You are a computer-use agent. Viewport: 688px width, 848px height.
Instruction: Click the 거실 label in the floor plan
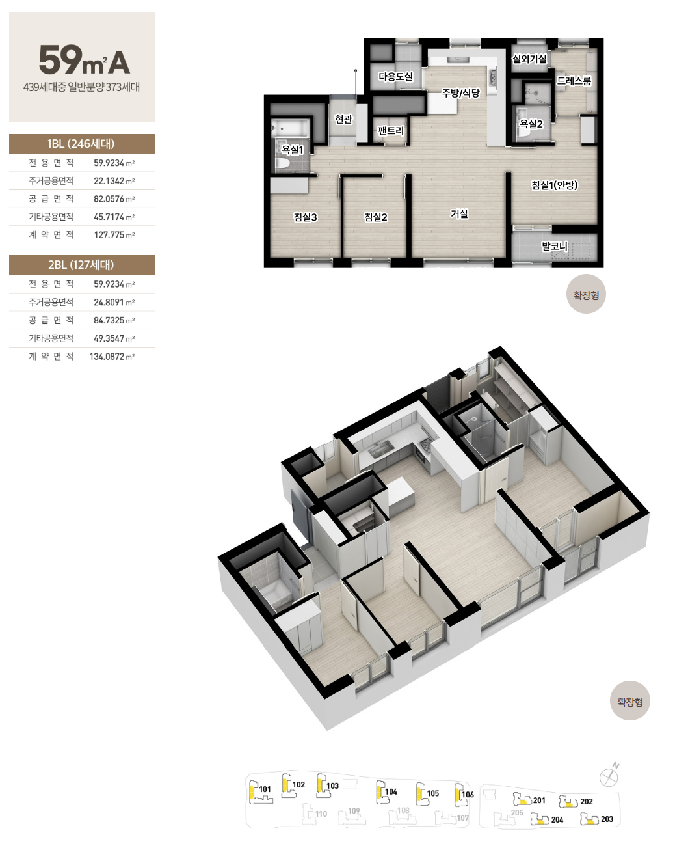(x=458, y=214)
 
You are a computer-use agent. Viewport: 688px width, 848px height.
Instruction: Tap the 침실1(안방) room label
(x=554, y=185)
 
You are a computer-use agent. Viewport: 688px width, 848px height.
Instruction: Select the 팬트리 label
(x=390, y=131)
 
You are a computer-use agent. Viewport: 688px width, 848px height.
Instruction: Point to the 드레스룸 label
(x=574, y=81)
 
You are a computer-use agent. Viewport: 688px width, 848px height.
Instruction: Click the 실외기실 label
(x=529, y=59)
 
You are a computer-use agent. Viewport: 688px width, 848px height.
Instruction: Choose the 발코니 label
(x=554, y=246)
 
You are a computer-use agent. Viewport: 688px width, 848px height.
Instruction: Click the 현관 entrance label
(x=343, y=119)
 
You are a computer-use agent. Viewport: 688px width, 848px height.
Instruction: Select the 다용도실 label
(x=395, y=76)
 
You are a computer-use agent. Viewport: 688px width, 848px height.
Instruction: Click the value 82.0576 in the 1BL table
(x=109, y=198)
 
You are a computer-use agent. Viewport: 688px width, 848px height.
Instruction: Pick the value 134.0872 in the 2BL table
(x=107, y=357)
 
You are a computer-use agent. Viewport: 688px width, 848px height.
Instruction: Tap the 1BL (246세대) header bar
(x=82, y=144)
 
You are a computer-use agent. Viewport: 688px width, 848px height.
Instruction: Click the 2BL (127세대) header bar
(x=82, y=265)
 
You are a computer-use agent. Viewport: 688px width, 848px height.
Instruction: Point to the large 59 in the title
(x=60, y=60)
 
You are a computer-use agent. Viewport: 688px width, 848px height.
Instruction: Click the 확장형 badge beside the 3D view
(x=629, y=701)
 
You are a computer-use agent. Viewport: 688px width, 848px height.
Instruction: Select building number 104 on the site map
(x=391, y=792)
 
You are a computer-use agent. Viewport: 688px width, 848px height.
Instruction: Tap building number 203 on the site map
(x=607, y=819)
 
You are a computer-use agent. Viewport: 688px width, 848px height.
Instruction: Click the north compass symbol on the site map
(x=609, y=777)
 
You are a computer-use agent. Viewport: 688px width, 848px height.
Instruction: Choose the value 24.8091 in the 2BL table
(x=109, y=302)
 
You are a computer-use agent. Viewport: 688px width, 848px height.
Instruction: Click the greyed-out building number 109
(x=354, y=811)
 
